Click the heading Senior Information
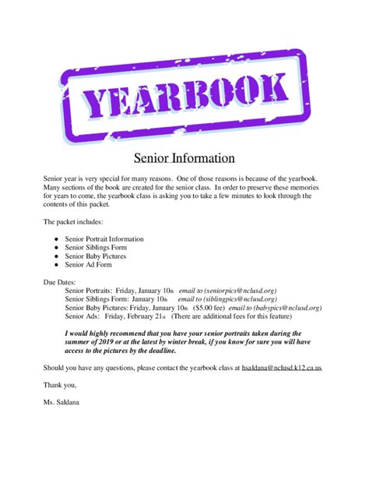pos(184,158)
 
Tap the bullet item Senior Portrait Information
pos(104,239)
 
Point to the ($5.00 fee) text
pos(211,308)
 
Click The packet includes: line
pos(75,222)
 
